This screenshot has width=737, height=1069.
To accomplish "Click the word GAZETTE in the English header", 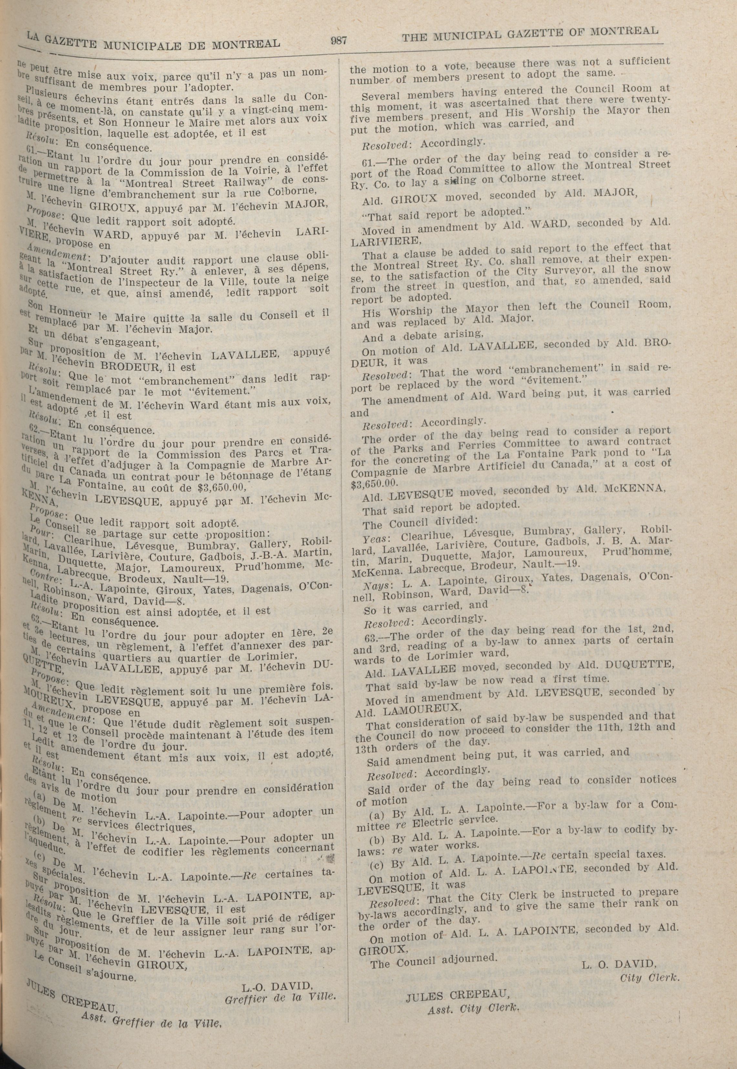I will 528,33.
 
